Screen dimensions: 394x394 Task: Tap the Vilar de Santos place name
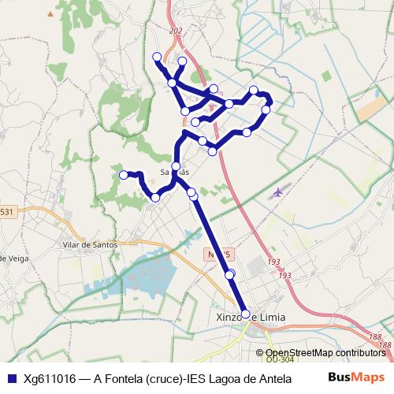pos(89,244)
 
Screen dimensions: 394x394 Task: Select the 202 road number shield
pos(175,31)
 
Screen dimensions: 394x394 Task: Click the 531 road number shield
pos(7,212)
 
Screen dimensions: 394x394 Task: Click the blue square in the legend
pos(11,378)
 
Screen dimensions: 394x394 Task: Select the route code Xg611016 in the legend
pos(50,378)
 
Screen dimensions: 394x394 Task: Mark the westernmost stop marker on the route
pos(123,174)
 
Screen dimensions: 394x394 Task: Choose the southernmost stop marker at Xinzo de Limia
pos(245,314)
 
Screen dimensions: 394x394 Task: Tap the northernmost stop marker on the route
pos(157,56)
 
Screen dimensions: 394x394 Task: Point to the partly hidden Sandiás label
pos(174,171)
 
